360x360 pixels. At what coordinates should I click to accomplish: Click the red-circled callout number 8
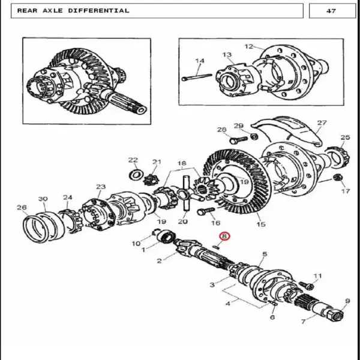click(224, 236)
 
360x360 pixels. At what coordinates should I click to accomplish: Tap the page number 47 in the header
click(331, 11)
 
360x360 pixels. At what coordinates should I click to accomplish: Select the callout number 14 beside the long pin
click(200, 61)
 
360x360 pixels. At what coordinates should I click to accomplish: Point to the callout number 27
click(322, 123)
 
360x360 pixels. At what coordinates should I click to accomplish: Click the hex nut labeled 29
click(254, 137)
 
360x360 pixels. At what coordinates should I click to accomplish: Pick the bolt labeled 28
click(239, 140)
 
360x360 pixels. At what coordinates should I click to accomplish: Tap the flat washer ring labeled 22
click(136, 175)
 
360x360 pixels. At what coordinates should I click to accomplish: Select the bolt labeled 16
click(206, 211)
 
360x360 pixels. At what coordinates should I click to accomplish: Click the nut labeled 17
click(337, 178)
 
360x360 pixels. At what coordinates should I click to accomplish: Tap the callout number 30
click(43, 199)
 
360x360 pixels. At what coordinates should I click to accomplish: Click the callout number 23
click(101, 187)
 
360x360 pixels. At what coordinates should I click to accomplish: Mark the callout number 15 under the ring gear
click(261, 224)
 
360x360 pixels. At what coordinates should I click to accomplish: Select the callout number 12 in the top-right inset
click(248, 46)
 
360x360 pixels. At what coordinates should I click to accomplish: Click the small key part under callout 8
click(216, 247)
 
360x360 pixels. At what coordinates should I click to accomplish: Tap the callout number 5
click(265, 254)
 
